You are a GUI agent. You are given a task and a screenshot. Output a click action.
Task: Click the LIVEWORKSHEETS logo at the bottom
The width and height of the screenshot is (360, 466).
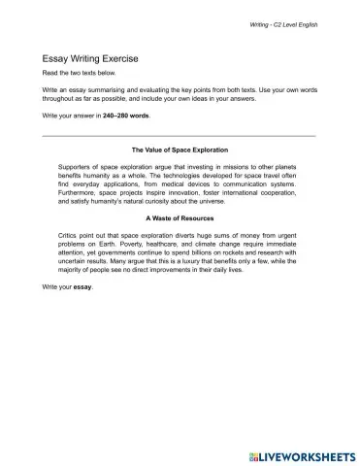pyautogui.click(x=300, y=453)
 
